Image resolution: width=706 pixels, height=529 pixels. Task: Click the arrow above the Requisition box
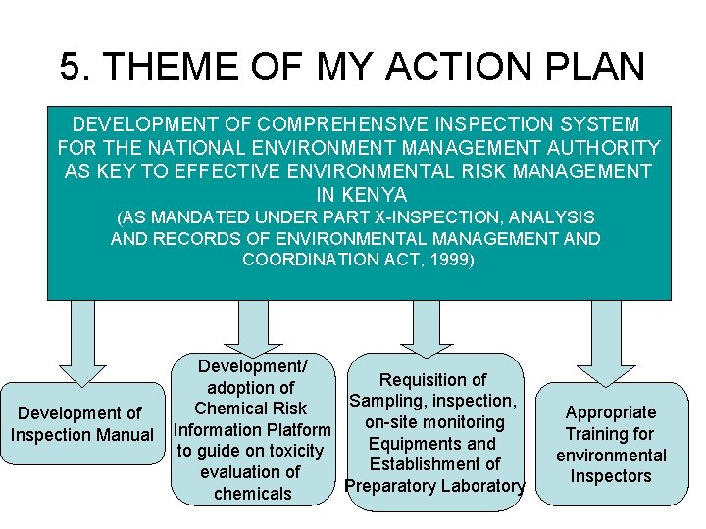[x=426, y=329]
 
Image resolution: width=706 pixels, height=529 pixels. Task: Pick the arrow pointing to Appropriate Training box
[x=609, y=343]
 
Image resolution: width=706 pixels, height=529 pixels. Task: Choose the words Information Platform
[x=252, y=429]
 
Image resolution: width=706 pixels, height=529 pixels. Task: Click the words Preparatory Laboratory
[x=434, y=486]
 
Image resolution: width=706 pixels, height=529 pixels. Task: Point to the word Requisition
[x=432, y=380]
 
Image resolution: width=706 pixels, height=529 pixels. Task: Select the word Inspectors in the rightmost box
[x=610, y=476]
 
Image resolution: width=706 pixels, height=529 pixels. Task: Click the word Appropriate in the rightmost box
[x=610, y=412]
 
